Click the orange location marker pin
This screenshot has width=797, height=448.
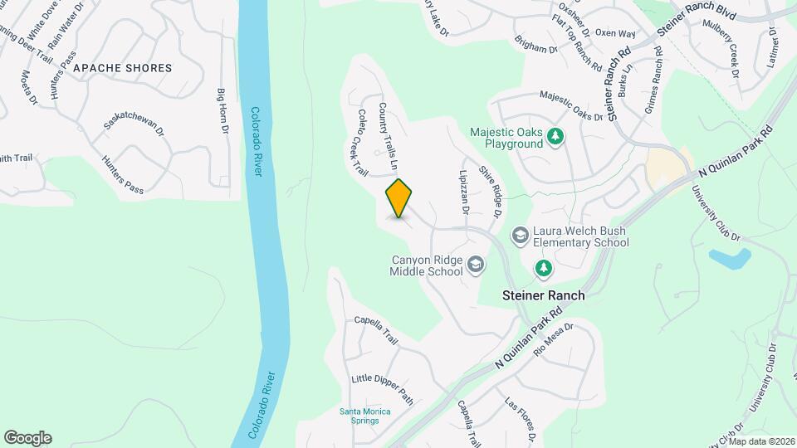(x=399, y=198)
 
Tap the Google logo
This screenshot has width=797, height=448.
(x=27, y=437)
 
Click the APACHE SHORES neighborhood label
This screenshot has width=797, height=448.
(x=122, y=68)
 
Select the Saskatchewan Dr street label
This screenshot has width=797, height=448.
(x=134, y=117)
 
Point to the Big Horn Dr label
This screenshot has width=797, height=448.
(x=222, y=110)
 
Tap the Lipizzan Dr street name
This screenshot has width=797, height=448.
(x=463, y=192)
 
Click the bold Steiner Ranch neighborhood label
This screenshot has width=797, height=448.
(x=544, y=295)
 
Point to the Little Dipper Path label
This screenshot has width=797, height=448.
(x=382, y=387)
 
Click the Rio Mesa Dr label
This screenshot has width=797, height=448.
(x=554, y=339)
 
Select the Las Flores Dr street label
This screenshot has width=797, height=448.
(x=521, y=418)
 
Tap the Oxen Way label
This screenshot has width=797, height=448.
(x=615, y=33)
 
